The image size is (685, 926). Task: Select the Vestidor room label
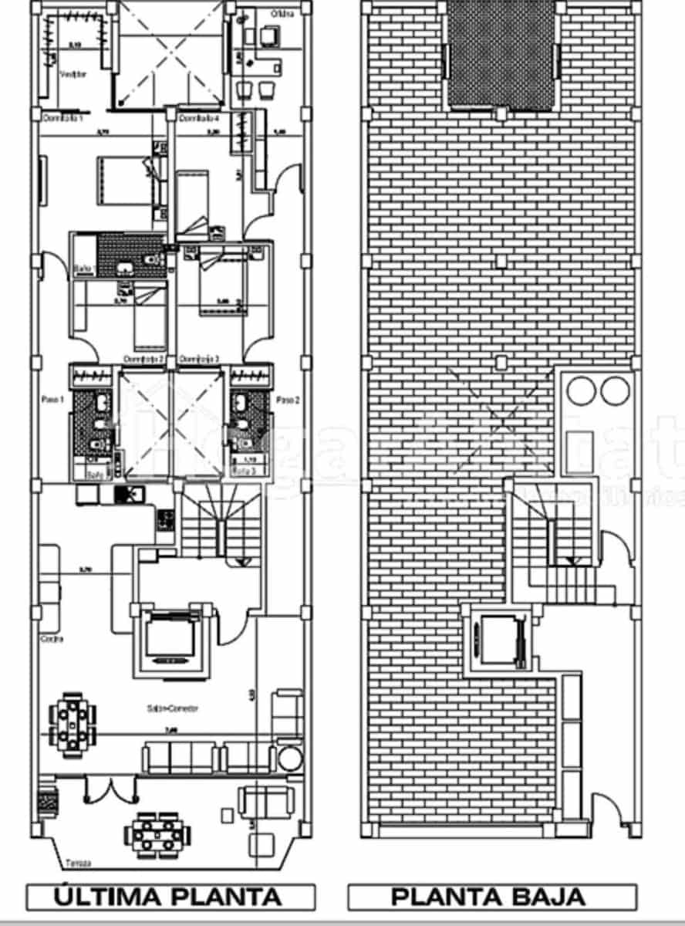point(73,74)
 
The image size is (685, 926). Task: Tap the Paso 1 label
point(52,400)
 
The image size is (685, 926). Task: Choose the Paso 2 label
point(287,400)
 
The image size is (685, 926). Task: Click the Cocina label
point(52,639)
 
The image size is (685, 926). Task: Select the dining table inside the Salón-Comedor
point(73,723)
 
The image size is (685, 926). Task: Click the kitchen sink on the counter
point(125,495)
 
